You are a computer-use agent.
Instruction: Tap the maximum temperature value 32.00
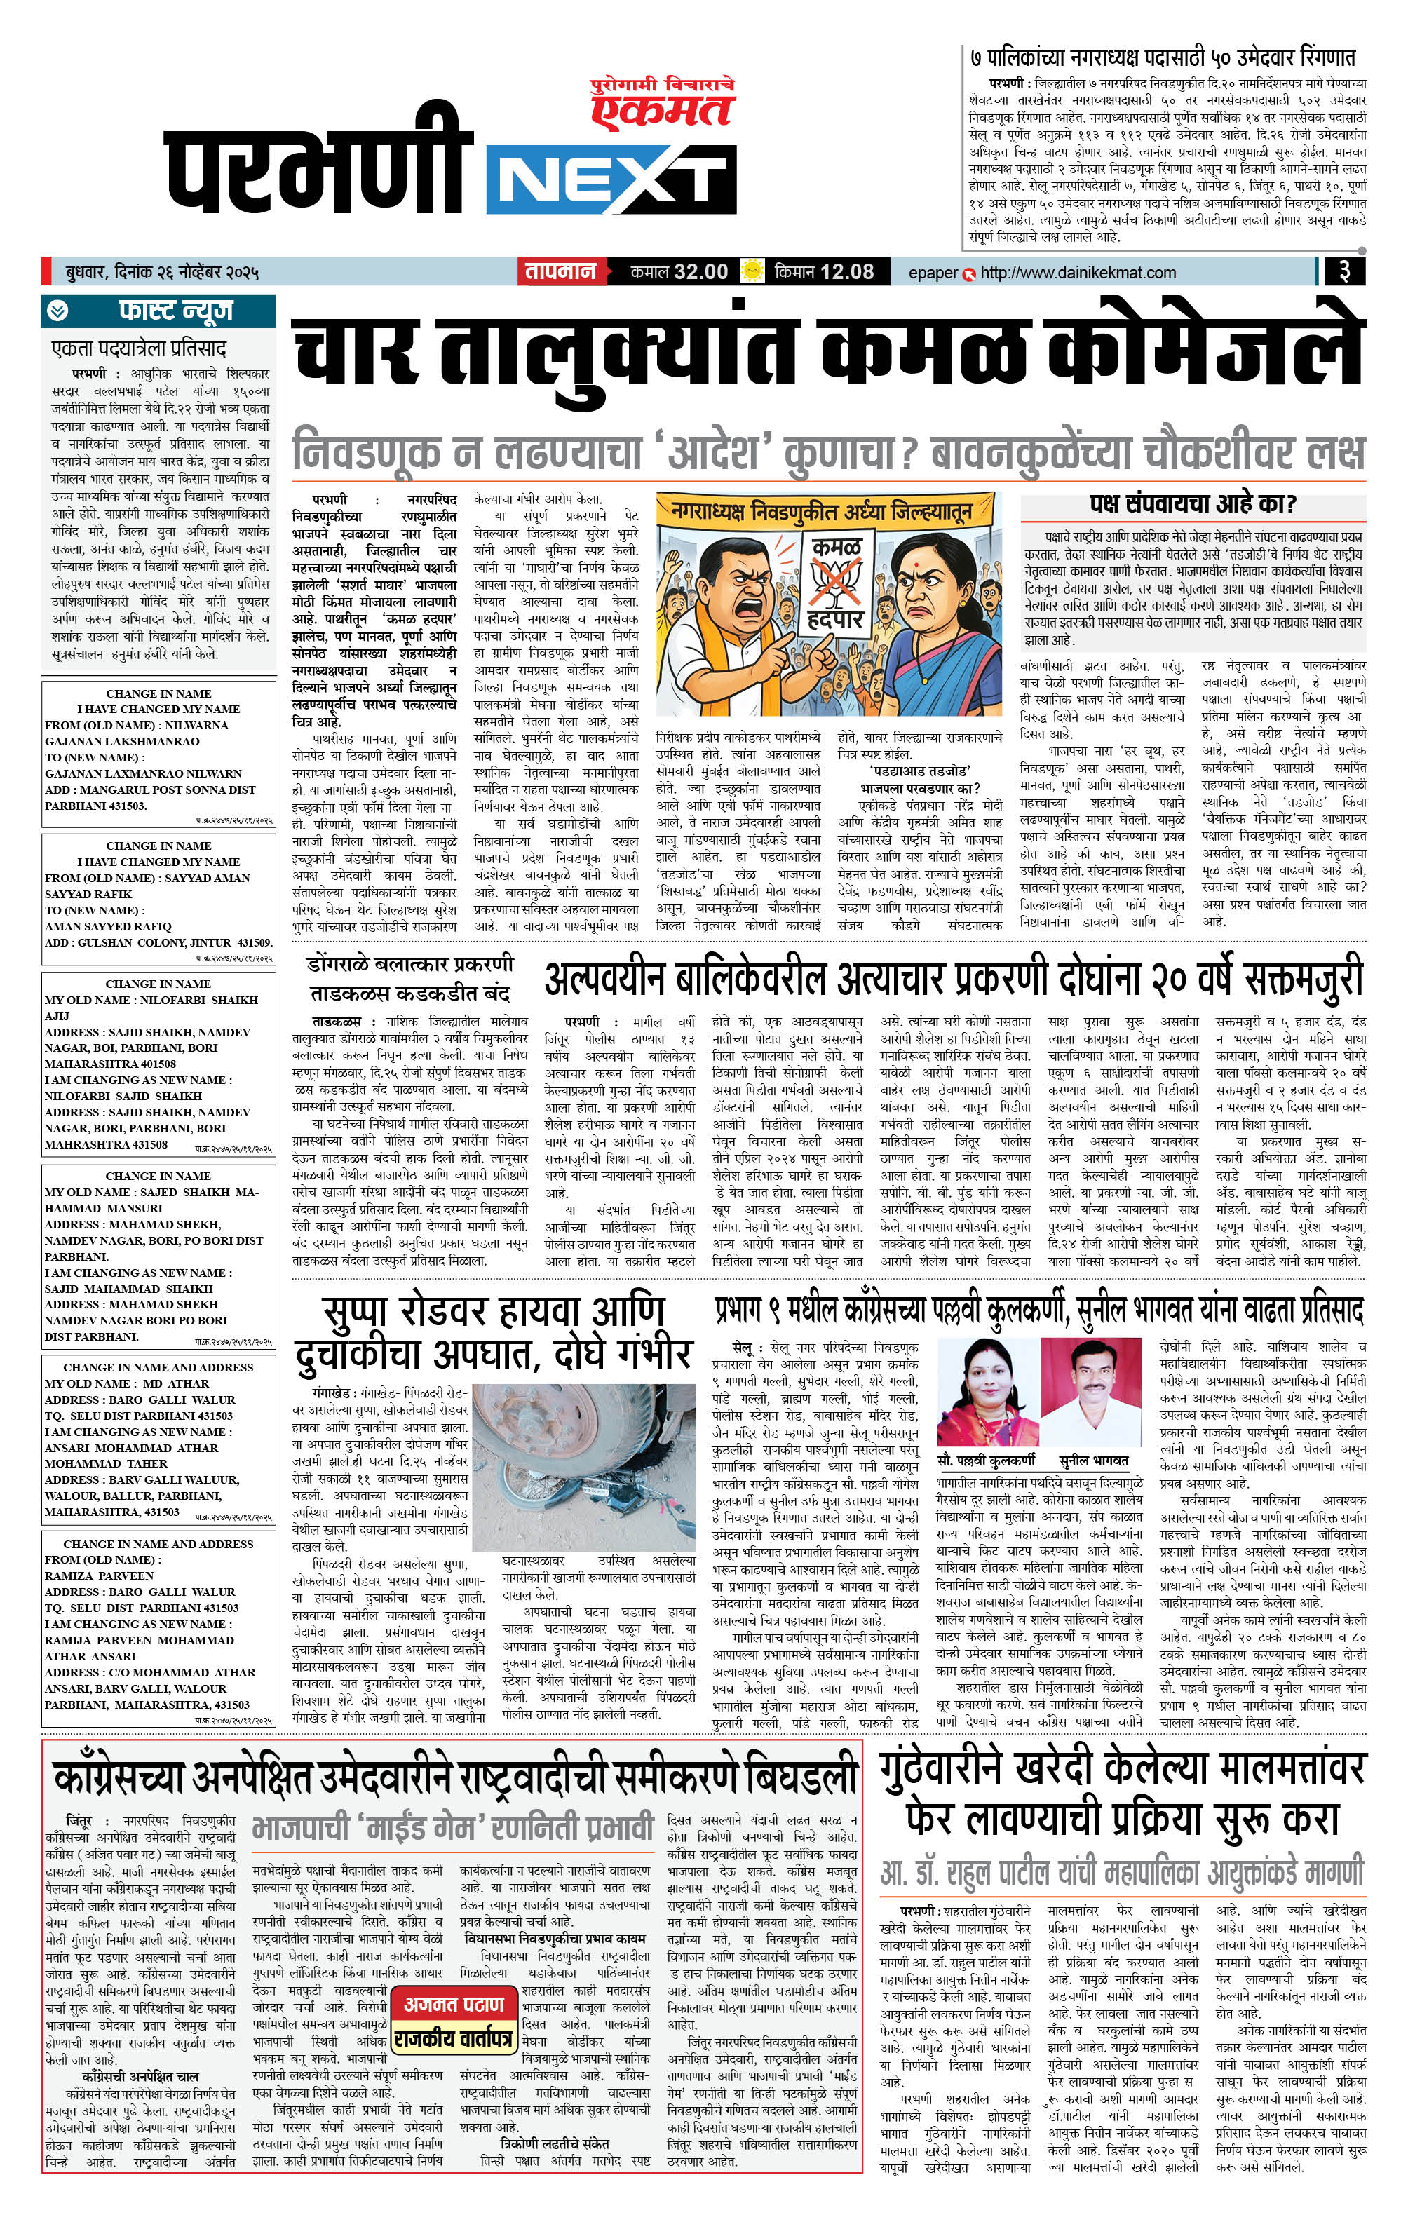tap(701, 272)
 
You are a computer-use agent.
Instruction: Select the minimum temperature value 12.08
tap(847, 272)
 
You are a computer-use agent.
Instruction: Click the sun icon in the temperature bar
tap(752, 272)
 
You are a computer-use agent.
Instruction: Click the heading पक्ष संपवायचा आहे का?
tap(1193, 504)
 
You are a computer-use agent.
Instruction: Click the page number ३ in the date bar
tap(1343, 272)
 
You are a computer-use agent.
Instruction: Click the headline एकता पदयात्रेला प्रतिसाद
tap(140, 349)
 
